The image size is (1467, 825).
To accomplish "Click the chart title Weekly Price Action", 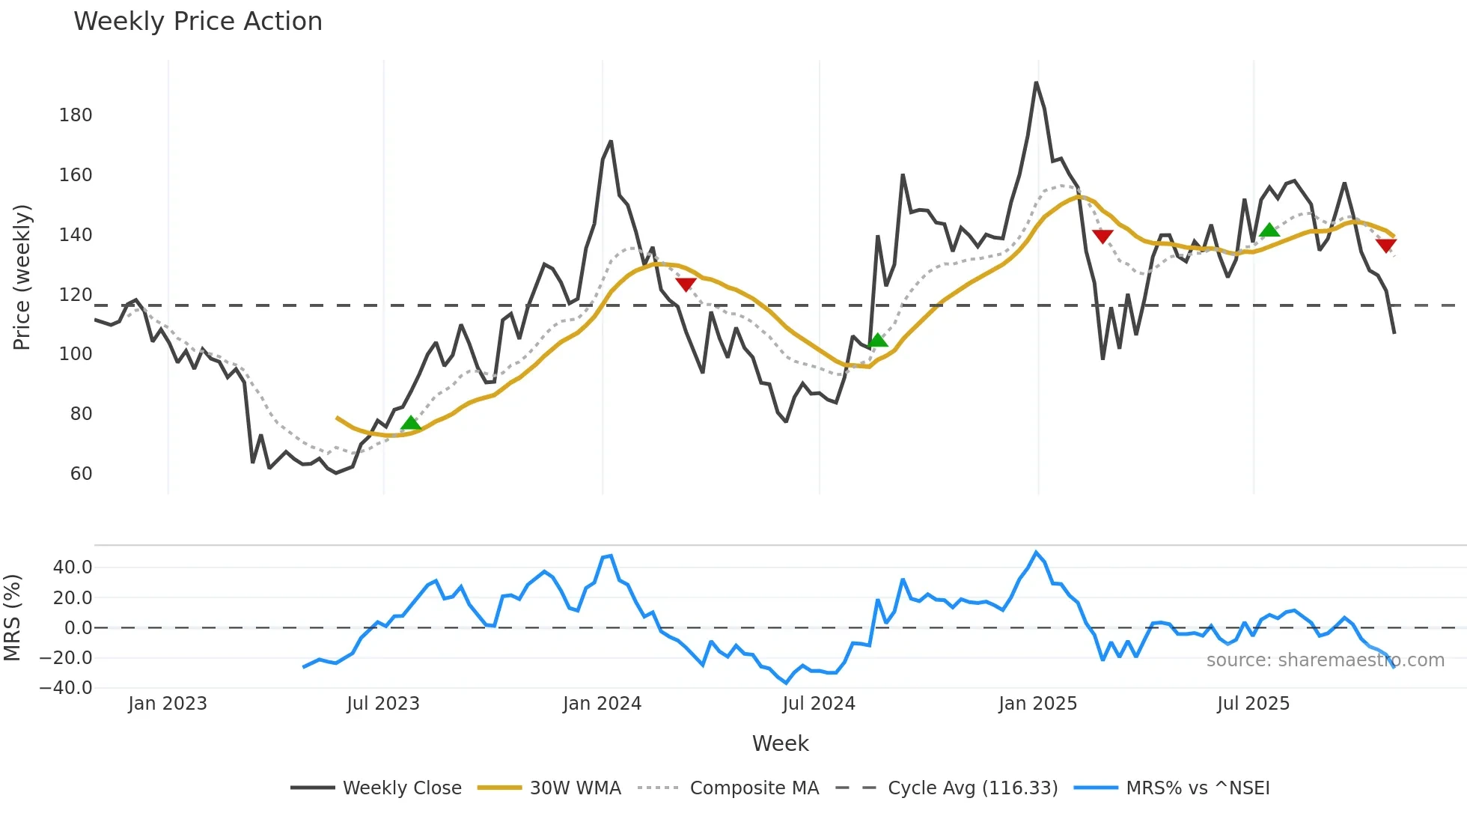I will point(198,22).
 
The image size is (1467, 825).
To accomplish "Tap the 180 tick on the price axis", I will point(76,115).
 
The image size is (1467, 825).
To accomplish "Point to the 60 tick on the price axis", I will point(81,474).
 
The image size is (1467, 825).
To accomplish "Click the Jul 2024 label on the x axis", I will point(818,704).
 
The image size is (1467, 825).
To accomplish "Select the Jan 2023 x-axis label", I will point(167,704).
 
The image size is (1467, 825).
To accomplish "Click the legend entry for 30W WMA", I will point(575,788).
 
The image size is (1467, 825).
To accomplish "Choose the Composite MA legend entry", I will point(754,788).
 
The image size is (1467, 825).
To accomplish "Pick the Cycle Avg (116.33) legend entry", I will point(972,788).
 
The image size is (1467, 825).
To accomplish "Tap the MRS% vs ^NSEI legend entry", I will point(1197,788).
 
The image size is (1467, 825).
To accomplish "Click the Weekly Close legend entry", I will point(401,788).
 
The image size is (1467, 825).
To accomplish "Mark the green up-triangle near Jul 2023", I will point(411,424).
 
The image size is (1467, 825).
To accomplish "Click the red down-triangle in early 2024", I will point(686,284).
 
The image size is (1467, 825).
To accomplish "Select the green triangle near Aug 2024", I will point(878,341).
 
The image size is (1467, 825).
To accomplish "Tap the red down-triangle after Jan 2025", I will point(1102,237).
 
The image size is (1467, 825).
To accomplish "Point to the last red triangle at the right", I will point(1386,246).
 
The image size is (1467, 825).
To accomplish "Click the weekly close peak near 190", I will point(1037,83).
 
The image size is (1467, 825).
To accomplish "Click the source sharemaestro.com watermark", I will point(1325,660).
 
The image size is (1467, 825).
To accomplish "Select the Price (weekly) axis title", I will point(22,277).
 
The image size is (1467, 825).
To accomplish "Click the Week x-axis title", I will point(780,743).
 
